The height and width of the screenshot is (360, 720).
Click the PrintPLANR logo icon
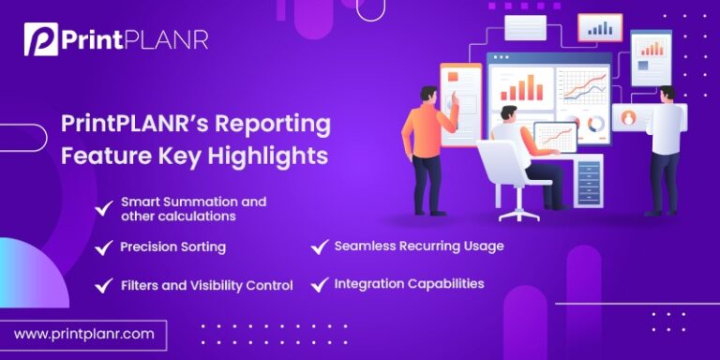coord(40,40)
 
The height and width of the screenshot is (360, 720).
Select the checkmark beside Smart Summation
coord(103,208)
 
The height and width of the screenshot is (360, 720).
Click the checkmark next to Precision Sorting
coord(103,247)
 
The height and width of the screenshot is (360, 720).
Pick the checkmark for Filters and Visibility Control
coord(103,285)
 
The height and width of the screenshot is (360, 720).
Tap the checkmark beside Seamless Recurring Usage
coord(318,247)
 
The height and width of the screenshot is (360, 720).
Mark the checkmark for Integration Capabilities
coord(318,283)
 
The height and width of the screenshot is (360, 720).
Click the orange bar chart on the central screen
coord(521,89)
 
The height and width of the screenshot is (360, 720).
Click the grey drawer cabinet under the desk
coord(589,179)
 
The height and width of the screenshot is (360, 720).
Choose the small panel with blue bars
coord(600,28)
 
